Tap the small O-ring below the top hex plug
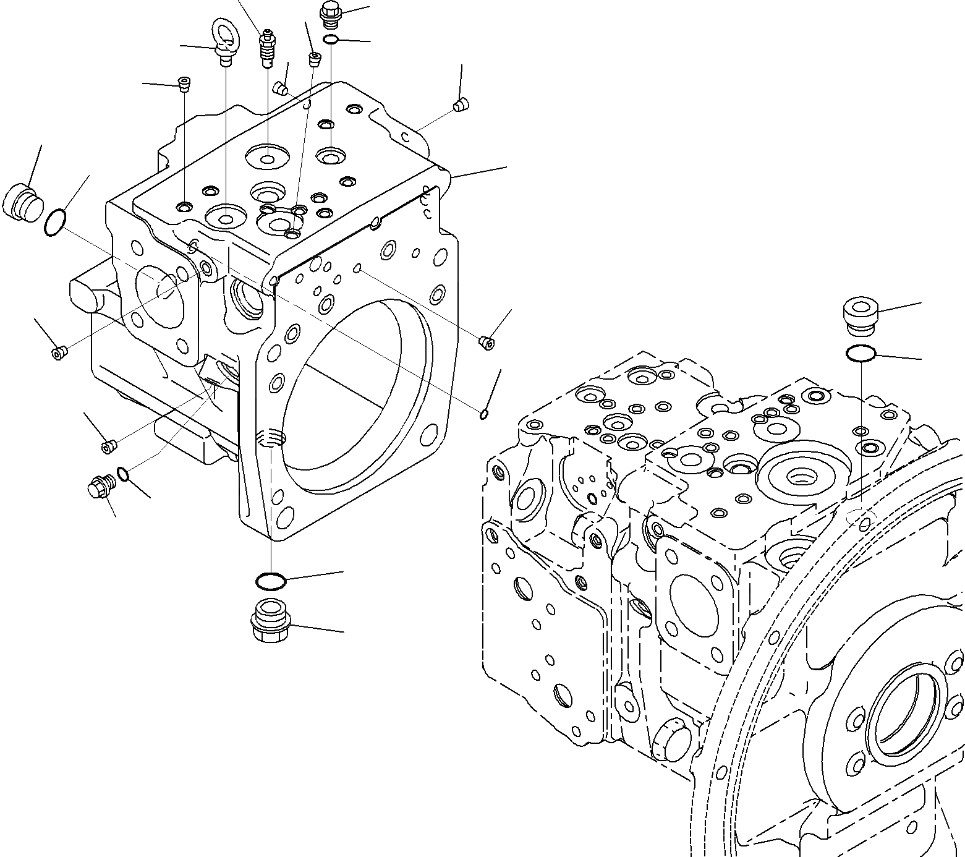(331, 40)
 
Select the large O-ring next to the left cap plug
(56, 223)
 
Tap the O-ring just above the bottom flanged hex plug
(270, 581)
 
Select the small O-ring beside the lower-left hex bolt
(123, 474)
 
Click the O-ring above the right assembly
(861, 354)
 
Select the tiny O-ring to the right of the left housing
(484, 414)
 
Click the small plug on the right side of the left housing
(487, 341)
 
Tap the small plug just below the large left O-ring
(59, 353)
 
